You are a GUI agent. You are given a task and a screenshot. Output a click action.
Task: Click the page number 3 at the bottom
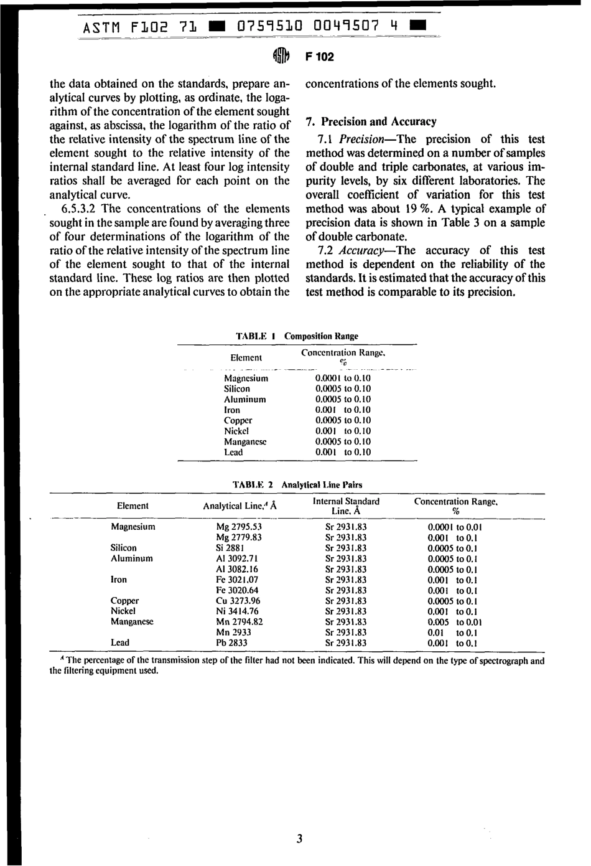coord(299,839)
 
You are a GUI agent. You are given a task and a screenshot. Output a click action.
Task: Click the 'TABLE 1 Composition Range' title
coord(297,336)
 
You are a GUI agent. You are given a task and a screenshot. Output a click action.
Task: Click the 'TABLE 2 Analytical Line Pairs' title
coord(297,484)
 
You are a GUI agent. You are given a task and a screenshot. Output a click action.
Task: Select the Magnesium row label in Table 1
coord(246,379)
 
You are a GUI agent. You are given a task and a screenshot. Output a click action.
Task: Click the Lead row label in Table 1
coord(233,453)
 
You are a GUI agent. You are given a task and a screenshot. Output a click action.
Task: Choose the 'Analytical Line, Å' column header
coord(240,506)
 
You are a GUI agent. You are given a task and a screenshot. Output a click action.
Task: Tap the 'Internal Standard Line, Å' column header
coord(346,506)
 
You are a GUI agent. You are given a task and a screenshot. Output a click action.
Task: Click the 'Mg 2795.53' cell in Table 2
coord(239,527)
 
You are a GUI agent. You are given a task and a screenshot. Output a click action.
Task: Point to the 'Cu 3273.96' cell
coord(238,601)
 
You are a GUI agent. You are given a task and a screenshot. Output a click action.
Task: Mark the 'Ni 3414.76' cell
coord(238,611)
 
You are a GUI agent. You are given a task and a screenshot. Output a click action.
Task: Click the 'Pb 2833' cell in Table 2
coord(231,643)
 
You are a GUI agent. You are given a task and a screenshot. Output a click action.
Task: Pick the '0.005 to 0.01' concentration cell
coord(455,622)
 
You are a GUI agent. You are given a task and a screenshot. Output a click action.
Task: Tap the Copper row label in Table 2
coord(124,601)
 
